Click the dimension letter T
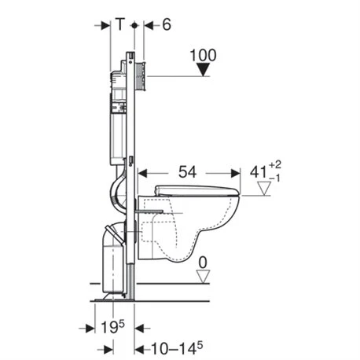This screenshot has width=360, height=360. pyautogui.click(x=119, y=25)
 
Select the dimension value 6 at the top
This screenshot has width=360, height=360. pyautogui.click(x=167, y=25)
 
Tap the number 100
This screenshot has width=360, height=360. pyautogui.click(x=203, y=56)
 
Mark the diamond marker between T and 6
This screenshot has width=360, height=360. pyautogui.click(x=135, y=25)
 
